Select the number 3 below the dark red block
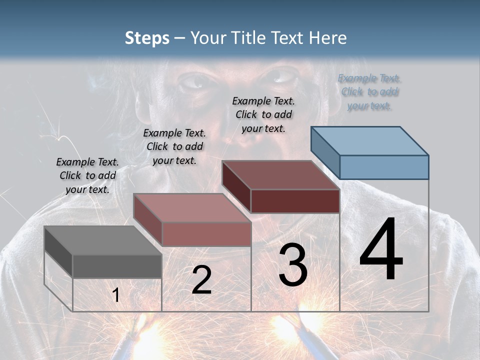(293, 265)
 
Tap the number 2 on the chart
(201, 280)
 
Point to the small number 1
(115, 295)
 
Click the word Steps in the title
(147, 37)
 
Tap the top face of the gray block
(102, 240)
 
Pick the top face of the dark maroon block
(280, 175)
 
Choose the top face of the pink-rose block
(191, 208)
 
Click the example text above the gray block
(87, 175)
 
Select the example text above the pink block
(174, 146)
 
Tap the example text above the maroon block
(263, 114)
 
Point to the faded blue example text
(369, 91)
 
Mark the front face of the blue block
(384, 167)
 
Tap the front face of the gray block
(117, 266)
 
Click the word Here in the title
(330, 37)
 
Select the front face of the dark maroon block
(295, 201)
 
